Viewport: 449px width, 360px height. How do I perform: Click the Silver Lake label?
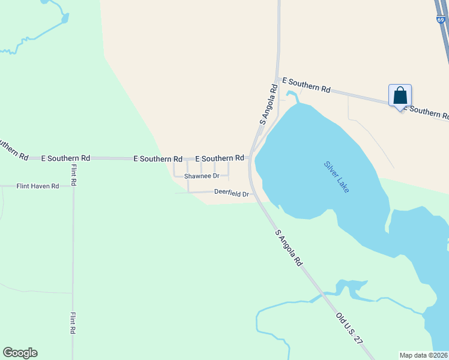point(336,176)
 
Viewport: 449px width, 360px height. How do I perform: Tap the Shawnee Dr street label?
point(202,176)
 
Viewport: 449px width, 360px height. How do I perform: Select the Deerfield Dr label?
point(231,193)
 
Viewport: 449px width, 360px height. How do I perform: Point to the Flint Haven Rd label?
point(38,187)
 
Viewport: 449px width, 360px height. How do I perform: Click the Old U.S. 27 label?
point(349,327)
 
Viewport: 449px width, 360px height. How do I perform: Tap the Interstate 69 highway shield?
point(441,20)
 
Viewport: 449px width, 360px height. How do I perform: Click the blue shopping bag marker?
point(400,96)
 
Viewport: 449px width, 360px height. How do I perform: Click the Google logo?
point(20,353)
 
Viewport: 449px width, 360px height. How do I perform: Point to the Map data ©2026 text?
point(423,355)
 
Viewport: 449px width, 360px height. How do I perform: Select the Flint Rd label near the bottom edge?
point(73,323)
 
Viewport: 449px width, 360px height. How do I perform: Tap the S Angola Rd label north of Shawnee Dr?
point(269,104)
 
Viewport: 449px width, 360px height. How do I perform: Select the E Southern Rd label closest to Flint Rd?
point(65,158)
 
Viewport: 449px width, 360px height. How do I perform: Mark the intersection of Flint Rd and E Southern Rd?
point(73,158)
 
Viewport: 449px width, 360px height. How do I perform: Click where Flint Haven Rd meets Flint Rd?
point(73,186)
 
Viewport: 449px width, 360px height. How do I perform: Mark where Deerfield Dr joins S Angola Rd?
point(253,193)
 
